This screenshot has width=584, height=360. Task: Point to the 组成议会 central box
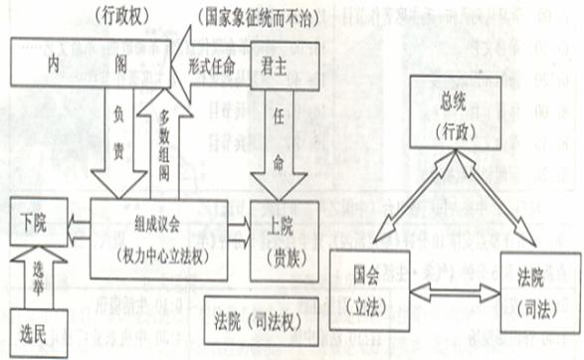(x=159, y=237)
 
